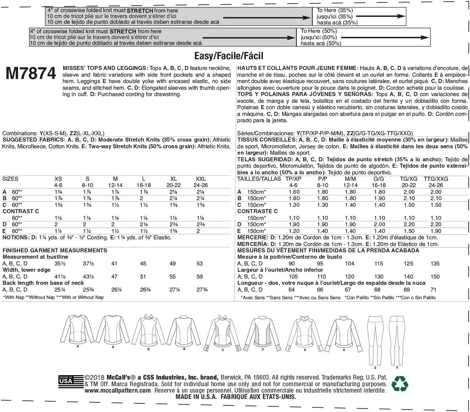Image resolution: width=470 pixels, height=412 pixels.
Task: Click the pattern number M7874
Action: click(31, 74)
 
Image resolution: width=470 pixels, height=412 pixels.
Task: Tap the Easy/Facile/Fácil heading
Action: click(229, 56)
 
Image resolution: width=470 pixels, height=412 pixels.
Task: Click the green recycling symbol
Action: click(399, 384)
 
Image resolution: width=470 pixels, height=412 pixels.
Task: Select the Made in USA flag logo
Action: click(71, 381)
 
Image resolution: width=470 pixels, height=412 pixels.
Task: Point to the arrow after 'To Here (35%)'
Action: click(381, 16)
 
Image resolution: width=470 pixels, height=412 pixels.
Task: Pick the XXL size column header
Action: click(201, 179)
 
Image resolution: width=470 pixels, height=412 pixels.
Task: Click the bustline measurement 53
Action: click(200, 264)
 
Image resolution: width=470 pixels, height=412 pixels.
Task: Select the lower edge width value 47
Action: click(114, 277)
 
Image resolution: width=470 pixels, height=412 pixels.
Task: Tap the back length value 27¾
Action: click(202, 290)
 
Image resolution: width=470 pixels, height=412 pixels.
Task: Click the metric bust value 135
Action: click(435, 264)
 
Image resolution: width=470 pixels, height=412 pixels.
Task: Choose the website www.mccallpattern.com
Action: click(118, 391)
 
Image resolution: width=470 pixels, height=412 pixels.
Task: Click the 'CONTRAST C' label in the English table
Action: click(21, 212)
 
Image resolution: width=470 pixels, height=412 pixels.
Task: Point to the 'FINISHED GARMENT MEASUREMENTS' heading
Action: click(55, 251)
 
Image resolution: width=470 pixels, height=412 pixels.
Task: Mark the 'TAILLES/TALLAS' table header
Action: click(259, 179)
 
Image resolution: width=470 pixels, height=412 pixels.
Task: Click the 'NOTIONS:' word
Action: click(16, 238)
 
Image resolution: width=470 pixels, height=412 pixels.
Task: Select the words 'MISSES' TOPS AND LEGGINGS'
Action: click(105, 68)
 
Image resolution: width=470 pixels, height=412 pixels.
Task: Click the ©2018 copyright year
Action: click(95, 378)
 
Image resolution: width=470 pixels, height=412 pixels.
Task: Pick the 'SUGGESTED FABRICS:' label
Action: click(33, 140)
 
